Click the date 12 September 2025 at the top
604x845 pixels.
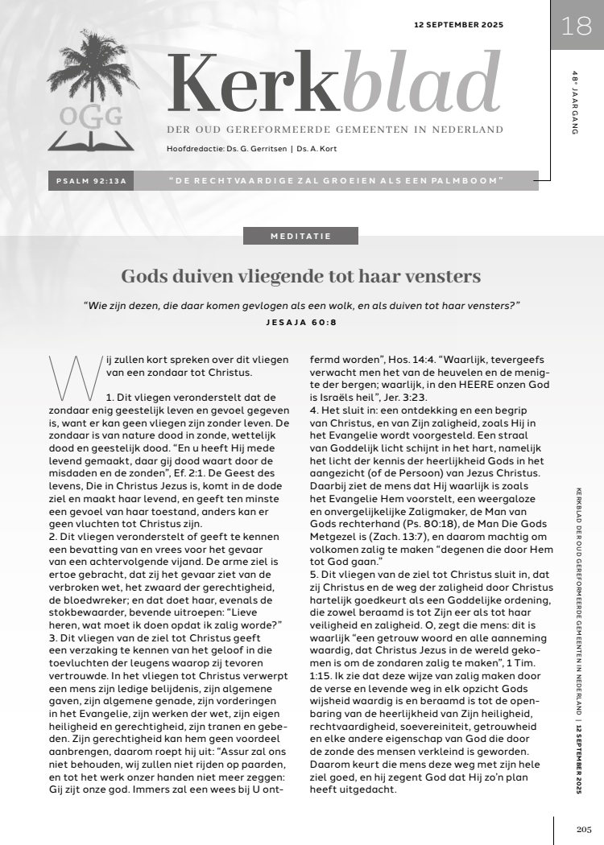point(458,25)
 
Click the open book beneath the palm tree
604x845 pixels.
point(90,141)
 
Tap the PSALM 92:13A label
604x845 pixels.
point(93,181)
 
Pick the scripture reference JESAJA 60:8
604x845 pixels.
point(301,322)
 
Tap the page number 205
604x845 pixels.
point(584,829)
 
